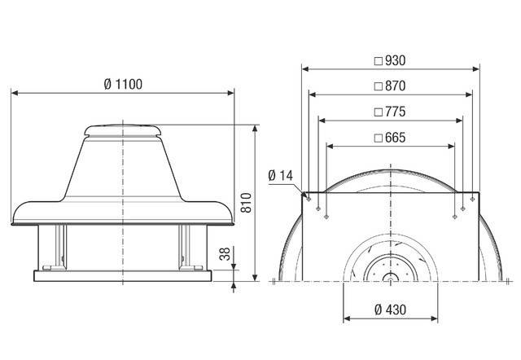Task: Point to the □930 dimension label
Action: click(389, 60)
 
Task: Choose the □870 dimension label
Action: click(389, 86)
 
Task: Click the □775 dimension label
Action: click(389, 112)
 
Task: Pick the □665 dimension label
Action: click(389, 138)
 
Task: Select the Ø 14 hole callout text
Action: click(279, 175)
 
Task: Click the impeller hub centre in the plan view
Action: click(389, 279)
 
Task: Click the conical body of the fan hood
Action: click(122, 171)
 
